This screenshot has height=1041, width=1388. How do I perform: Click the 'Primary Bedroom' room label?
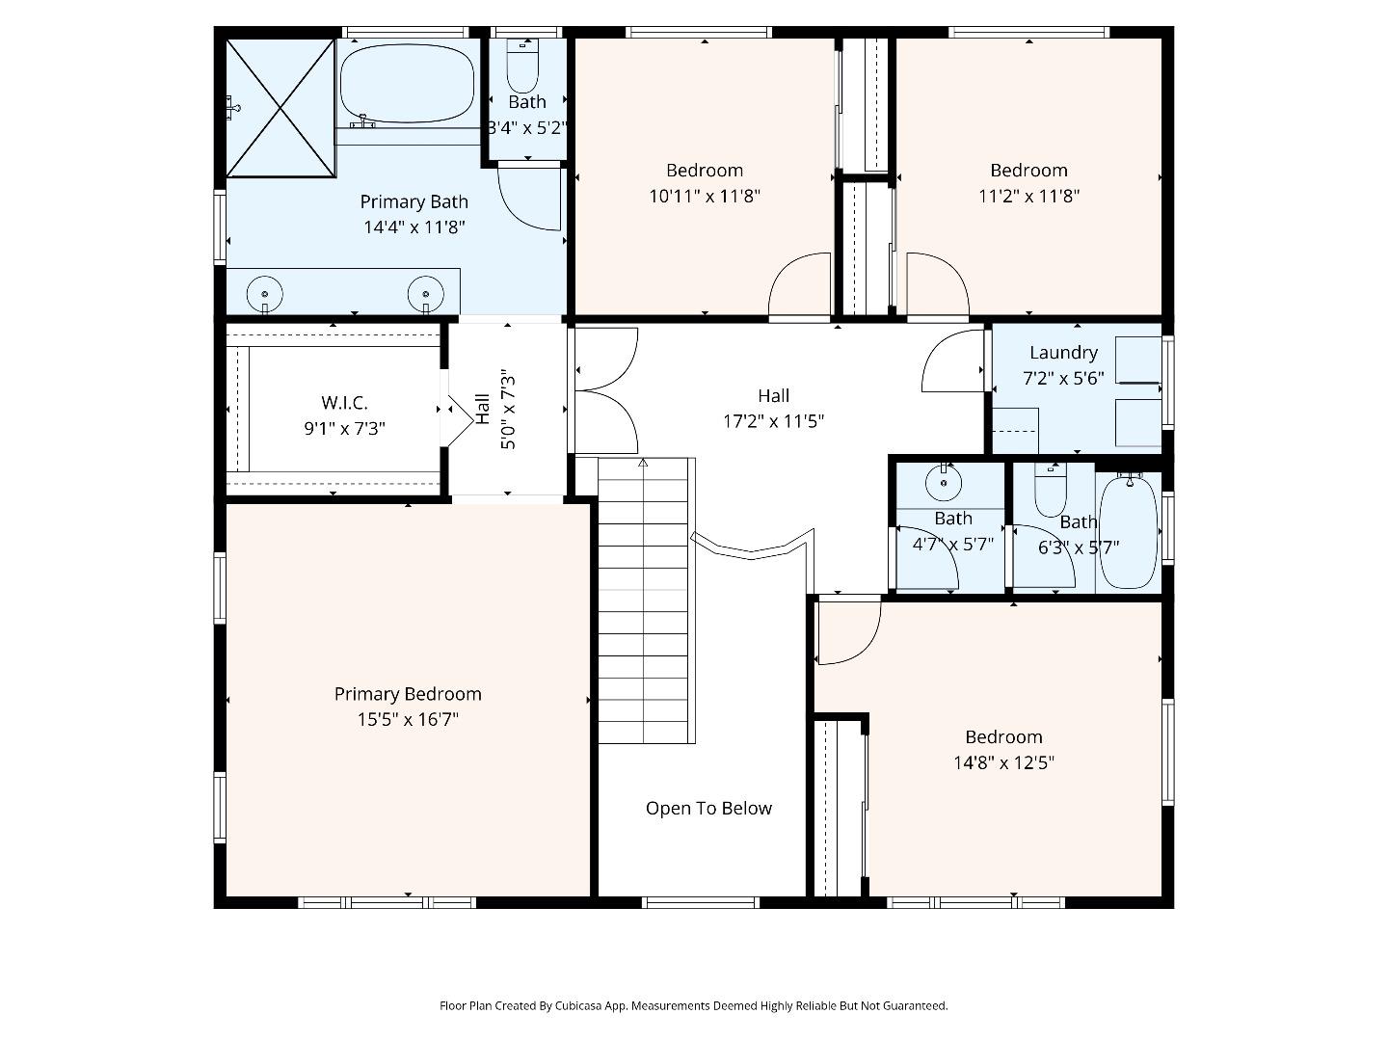point(408,694)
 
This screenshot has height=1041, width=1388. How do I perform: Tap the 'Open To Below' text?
point(708,809)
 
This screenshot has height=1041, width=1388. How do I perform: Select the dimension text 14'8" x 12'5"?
point(1003,762)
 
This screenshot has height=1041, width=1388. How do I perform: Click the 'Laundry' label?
point(1062,353)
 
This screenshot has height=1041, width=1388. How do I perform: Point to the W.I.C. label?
point(344,403)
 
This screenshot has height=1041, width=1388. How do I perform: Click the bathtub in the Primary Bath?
point(408,83)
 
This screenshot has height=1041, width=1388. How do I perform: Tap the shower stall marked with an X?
point(280,107)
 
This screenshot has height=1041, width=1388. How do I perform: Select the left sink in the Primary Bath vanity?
point(264,291)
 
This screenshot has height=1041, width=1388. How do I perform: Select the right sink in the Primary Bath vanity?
point(425,291)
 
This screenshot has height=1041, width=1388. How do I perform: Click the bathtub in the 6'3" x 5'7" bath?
point(1128,531)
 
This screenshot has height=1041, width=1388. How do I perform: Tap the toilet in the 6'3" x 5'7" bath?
point(1050,492)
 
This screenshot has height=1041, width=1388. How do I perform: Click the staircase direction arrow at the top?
point(643,465)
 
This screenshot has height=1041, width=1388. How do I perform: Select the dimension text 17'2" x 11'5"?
point(773,421)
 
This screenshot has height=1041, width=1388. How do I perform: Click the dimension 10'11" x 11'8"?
point(705,197)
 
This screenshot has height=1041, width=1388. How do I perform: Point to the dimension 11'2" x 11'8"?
point(1028,197)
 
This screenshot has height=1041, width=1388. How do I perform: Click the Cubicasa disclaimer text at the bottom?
point(693,1005)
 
